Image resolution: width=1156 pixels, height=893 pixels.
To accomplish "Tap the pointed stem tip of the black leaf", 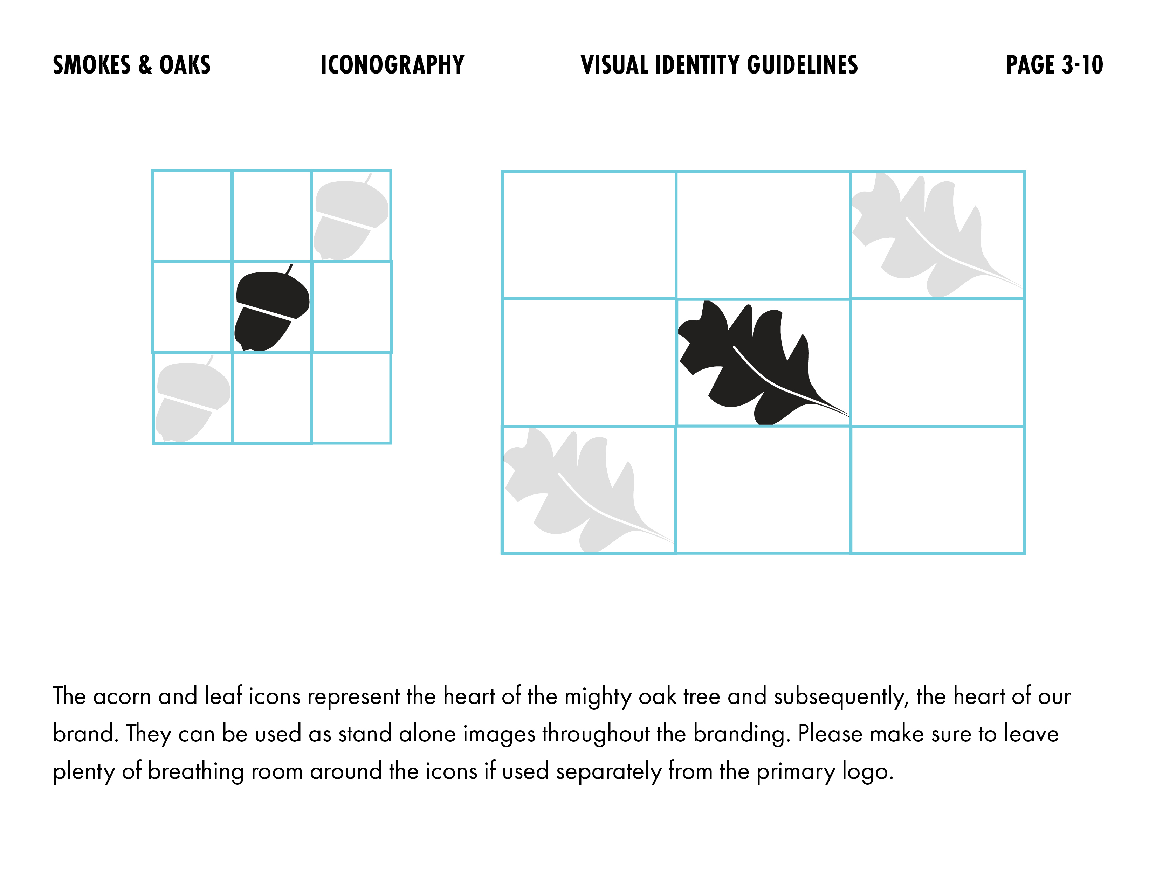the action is [x=848, y=416].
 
